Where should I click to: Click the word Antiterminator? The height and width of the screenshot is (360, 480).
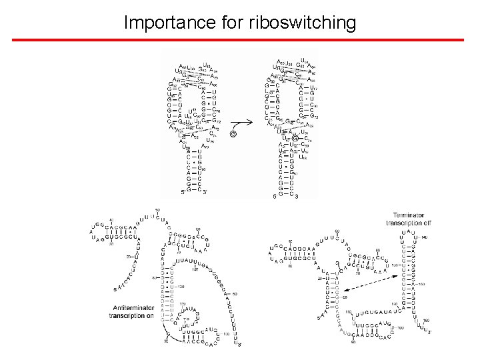click(131, 307)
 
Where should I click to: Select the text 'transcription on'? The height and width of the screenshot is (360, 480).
click(132, 315)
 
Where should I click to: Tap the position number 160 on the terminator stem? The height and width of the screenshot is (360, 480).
click(421, 283)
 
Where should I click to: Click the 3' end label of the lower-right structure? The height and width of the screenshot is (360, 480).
click(430, 331)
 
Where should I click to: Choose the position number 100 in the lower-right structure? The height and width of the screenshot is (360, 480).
click(400, 328)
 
